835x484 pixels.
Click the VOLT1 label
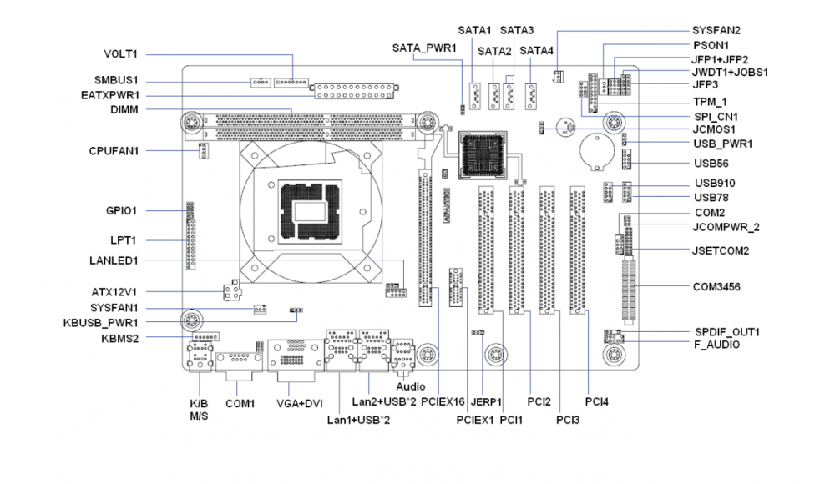click(121, 54)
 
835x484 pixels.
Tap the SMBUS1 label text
click(116, 81)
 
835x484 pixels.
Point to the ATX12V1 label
click(114, 292)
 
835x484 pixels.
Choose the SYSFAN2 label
click(716, 30)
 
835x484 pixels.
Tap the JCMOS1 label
click(714, 129)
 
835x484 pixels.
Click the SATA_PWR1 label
click(424, 48)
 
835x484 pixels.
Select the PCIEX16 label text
click(443, 401)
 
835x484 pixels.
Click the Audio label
click(411, 387)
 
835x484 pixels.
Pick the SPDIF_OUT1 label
click(726, 332)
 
